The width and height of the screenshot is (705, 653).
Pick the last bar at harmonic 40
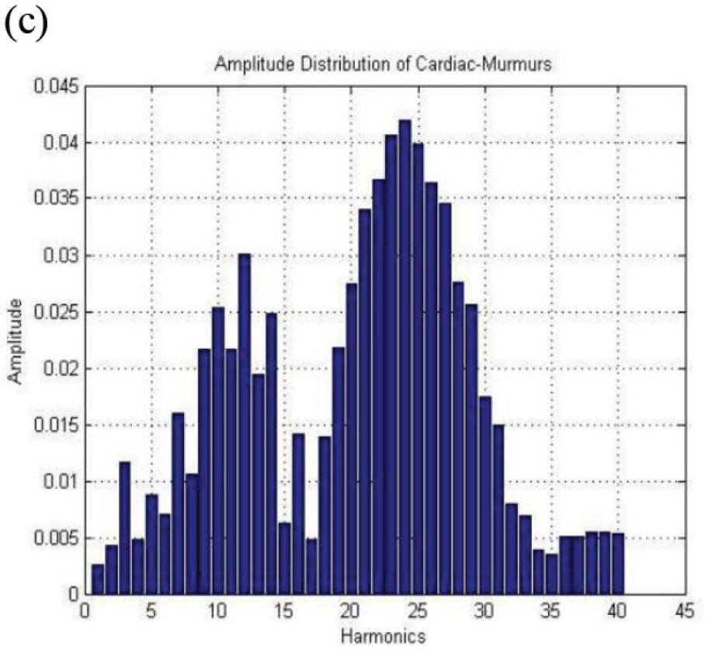(x=618, y=564)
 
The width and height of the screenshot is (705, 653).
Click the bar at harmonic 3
(x=124, y=528)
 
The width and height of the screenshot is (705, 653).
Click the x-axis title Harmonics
(x=384, y=637)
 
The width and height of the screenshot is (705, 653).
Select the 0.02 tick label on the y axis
(x=61, y=369)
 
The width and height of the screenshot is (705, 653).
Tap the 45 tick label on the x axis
(x=683, y=613)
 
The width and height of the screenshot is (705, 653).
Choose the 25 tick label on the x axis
(x=418, y=613)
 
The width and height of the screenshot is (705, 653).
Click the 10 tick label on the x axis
(x=217, y=613)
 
